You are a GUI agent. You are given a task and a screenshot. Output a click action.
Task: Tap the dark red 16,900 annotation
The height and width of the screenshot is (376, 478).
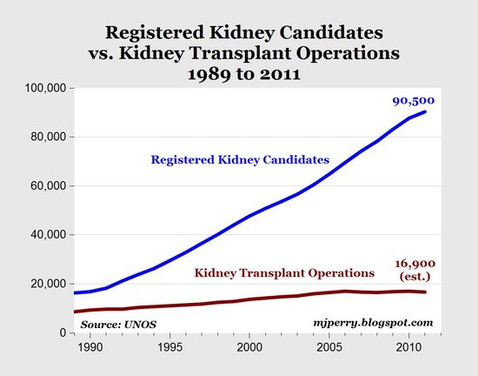point(412,262)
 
